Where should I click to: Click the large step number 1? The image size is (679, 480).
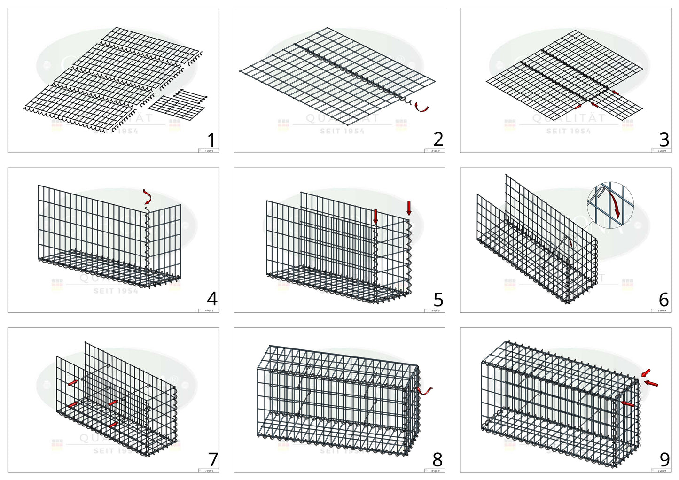click(x=211, y=140)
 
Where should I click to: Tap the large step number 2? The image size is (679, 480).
click(x=438, y=139)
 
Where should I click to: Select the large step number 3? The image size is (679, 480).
click(x=664, y=139)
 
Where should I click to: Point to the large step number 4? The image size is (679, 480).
click(x=212, y=299)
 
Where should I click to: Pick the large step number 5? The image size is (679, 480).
click(x=438, y=300)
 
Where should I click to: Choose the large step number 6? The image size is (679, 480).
click(x=664, y=300)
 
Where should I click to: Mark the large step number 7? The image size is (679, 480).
click(x=212, y=459)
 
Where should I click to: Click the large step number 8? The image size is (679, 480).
click(x=438, y=459)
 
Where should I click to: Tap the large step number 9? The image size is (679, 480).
click(x=664, y=459)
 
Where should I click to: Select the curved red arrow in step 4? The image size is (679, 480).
click(x=148, y=196)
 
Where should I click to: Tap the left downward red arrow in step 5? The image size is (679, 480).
click(x=375, y=216)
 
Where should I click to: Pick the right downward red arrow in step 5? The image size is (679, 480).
click(x=409, y=208)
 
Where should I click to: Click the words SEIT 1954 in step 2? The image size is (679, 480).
click(x=342, y=131)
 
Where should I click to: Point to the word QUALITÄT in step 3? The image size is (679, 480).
click(x=569, y=118)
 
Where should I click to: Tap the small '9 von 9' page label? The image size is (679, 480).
click(x=661, y=470)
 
